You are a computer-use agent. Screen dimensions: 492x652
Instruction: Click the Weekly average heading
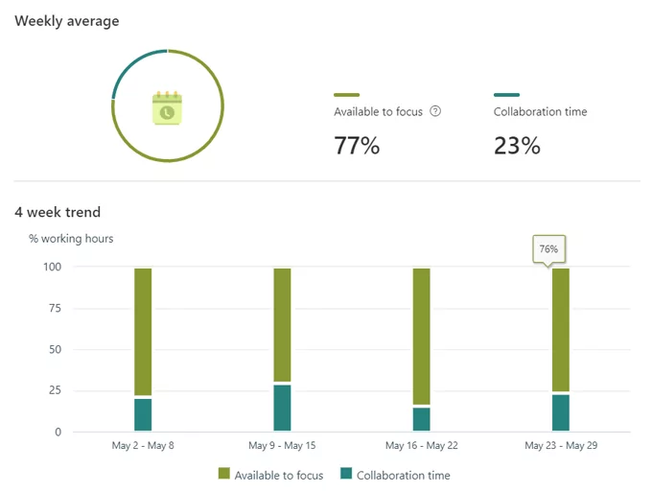pyautogui.click(x=67, y=21)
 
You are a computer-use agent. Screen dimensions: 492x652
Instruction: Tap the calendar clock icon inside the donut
pyautogui.click(x=167, y=108)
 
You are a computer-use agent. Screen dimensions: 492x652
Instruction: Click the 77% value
pyautogui.click(x=357, y=146)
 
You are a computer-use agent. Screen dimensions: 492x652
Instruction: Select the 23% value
pyautogui.click(x=517, y=146)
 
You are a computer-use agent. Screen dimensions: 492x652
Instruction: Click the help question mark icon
pyautogui.click(x=435, y=111)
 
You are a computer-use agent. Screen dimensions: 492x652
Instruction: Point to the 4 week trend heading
pyautogui.click(x=58, y=212)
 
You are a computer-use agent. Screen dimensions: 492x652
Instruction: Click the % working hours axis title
pyautogui.click(x=71, y=238)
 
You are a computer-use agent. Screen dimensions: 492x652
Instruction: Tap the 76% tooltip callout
pyautogui.click(x=548, y=248)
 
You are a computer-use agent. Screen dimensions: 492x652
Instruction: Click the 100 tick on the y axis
pyautogui.click(x=52, y=267)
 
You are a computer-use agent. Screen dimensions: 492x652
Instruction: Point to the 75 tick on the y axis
pyautogui.click(x=55, y=308)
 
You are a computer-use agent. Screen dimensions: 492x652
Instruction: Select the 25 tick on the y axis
pyautogui.click(x=55, y=390)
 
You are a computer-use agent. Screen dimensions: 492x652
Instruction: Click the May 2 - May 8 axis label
pyautogui.click(x=143, y=446)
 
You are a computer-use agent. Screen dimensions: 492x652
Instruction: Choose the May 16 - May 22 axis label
pyautogui.click(x=421, y=446)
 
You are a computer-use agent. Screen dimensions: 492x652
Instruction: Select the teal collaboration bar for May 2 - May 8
pyautogui.click(x=143, y=414)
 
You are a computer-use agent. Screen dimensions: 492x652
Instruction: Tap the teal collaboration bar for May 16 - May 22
pyautogui.click(x=421, y=419)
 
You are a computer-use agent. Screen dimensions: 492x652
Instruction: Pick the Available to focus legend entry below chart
pyautogui.click(x=271, y=475)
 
